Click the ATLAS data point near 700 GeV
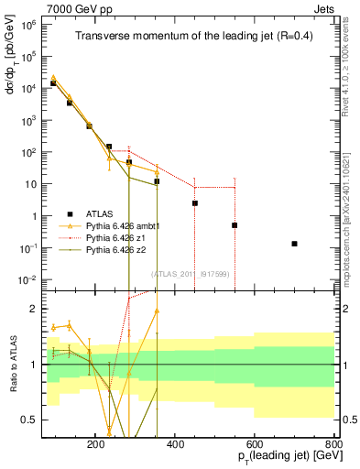[294, 244]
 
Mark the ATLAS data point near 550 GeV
[235, 225]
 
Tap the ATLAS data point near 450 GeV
[195, 203]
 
